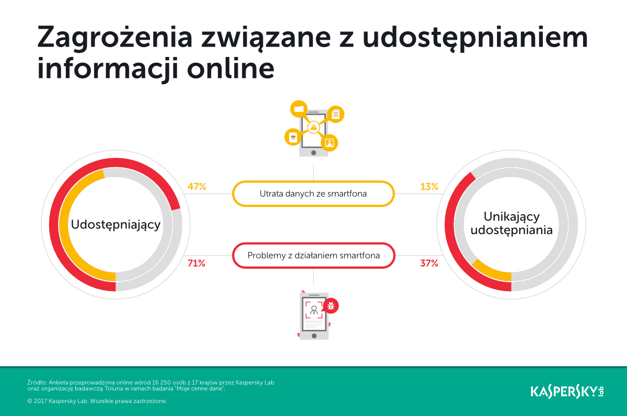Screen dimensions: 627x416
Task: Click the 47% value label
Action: (x=197, y=187)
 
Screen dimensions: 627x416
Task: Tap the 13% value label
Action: (x=429, y=187)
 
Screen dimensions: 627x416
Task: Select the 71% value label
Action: (x=196, y=263)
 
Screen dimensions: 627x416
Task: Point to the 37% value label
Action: (x=429, y=263)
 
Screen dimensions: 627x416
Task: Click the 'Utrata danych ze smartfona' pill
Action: (x=313, y=194)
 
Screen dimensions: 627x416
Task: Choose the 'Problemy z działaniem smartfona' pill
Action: (x=313, y=256)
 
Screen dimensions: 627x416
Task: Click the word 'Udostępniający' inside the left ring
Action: (x=115, y=225)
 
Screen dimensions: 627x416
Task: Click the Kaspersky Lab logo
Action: (x=567, y=391)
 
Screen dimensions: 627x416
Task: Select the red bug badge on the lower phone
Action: (x=331, y=305)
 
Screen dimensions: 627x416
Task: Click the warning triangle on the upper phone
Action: (x=313, y=128)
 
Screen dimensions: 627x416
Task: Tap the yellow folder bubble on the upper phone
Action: (x=299, y=109)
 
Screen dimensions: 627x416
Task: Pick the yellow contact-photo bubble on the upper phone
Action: (x=330, y=143)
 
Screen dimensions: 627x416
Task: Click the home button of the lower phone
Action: (x=314, y=336)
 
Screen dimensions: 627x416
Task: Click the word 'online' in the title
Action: (x=230, y=68)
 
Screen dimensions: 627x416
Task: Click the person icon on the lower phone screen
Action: (x=314, y=310)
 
